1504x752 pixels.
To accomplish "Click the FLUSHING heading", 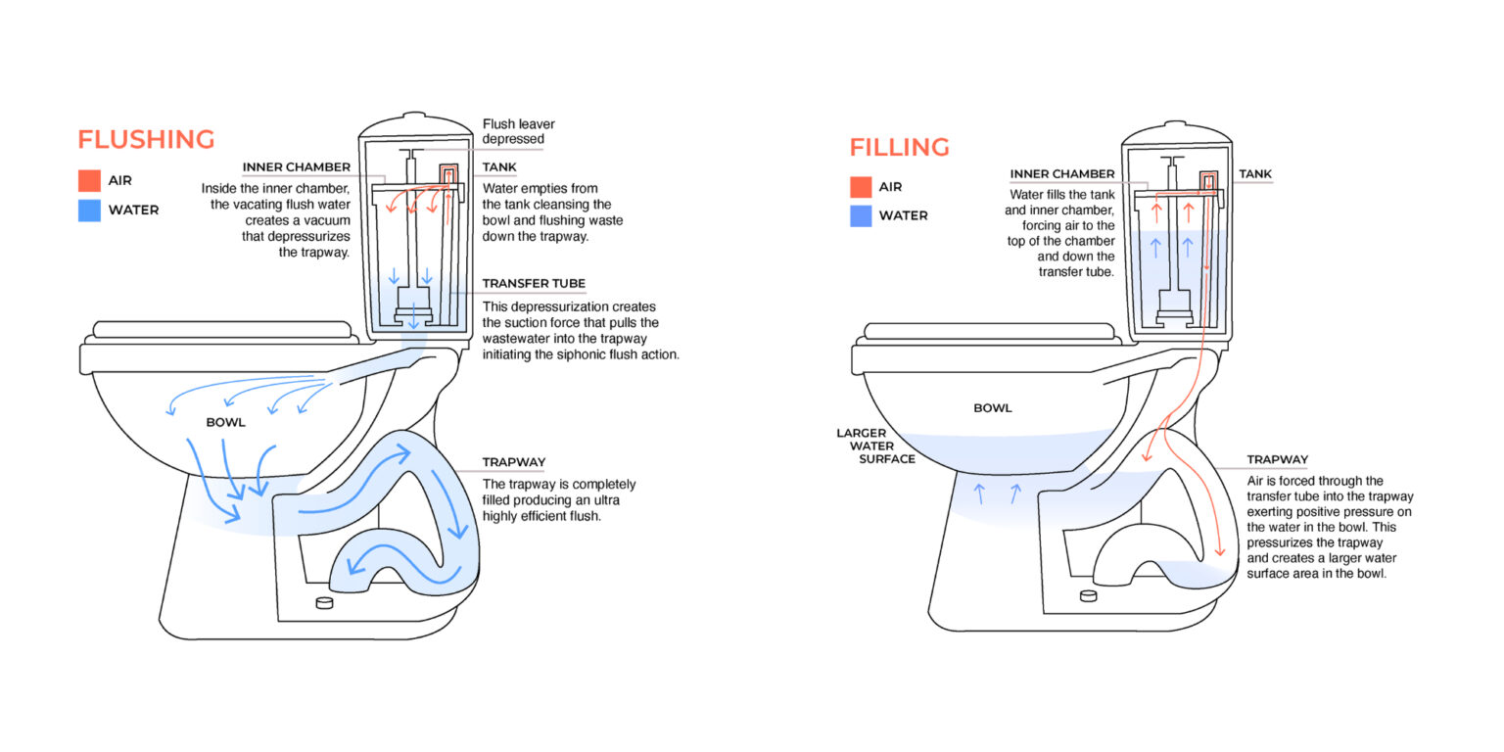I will [x=146, y=139].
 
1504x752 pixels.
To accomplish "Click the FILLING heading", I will [x=899, y=148].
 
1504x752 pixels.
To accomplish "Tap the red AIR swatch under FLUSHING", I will [x=89, y=181].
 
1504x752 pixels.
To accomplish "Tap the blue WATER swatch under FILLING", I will [x=861, y=215].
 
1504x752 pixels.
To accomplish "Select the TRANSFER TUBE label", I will [x=534, y=284].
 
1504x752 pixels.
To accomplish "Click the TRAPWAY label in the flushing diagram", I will [x=513, y=462].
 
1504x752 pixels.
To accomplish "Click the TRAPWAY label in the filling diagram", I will [x=1277, y=459].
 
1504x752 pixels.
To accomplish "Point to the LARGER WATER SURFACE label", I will [x=875, y=446].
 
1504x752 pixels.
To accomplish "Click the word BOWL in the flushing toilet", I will [x=225, y=423].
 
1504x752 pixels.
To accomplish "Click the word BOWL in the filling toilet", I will [x=993, y=408].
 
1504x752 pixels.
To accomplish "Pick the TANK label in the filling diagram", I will [x=1255, y=173].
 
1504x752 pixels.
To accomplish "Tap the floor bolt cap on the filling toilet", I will [x=1088, y=594].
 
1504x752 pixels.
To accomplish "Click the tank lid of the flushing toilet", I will [x=416, y=124].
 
